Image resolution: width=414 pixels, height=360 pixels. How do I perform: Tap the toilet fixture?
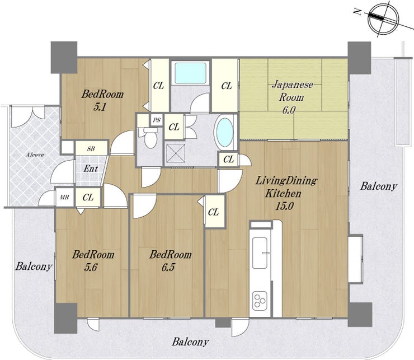tap(150, 137)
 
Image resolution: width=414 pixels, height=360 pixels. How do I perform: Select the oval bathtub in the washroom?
tap(225, 132)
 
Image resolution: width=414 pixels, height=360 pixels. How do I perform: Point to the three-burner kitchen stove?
tap(260, 300)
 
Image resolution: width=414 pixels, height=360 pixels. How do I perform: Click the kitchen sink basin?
tap(260, 253)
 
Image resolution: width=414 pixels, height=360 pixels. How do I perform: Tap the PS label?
tap(157, 120)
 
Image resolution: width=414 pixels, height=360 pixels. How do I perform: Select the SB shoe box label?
tap(91, 148)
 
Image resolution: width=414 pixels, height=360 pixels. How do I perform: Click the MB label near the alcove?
tap(64, 197)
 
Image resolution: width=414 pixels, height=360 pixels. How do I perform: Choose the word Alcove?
tap(35, 155)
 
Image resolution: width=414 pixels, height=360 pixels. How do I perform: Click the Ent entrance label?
tap(91, 169)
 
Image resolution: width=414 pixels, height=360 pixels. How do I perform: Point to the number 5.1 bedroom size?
tap(100, 107)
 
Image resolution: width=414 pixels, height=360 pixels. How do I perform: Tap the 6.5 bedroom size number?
tap(168, 267)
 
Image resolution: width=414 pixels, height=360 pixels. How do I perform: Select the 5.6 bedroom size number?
tap(91, 267)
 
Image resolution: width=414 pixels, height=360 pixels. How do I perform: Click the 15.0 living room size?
tap(284, 206)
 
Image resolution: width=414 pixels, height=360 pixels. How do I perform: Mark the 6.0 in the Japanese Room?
tap(289, 110)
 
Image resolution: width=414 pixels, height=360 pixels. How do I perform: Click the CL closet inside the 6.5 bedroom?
tap(213, 212)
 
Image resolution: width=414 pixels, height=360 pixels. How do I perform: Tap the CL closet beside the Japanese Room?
tap(227, 86)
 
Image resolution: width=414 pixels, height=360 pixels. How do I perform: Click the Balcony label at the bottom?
tap(190, 342)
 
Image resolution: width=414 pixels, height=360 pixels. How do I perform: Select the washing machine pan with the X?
tap(175, 152)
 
